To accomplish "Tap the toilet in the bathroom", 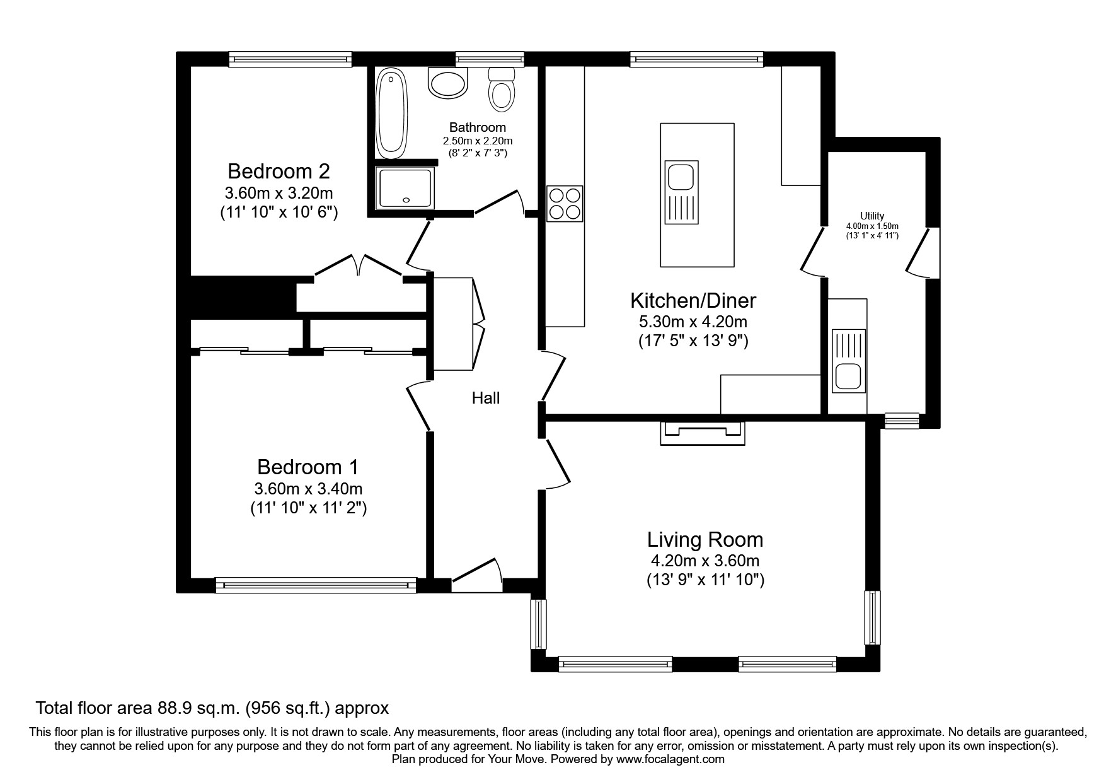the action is [x=502, y=89].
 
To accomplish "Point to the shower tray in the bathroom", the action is [x=404, y=188].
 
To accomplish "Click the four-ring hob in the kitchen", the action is [x=565, y=204].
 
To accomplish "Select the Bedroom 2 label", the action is [x=279, y=171].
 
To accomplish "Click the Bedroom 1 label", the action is [x=308, y=467].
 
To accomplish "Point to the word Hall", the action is [x=486, y=398].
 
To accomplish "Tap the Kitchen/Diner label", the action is [x=693, y=300].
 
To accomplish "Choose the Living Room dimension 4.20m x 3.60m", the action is [x=705, y=561].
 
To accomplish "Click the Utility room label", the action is [x=873, y=216].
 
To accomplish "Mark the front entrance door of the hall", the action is [x=477, y=575].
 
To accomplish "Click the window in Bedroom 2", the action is [x=290, y=59].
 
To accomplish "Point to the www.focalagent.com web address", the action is [x=670, y=759].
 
